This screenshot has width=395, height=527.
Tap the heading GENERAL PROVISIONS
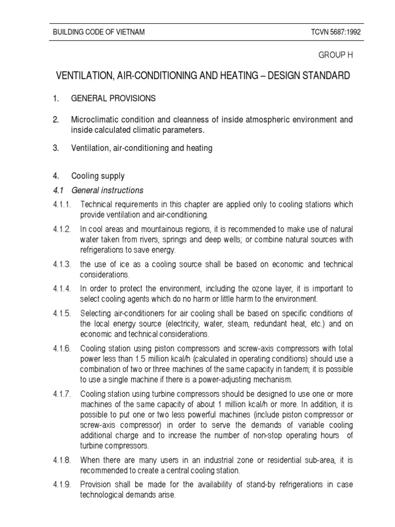[x=113, y=98]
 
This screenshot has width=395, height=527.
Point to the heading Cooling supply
[x=98, y=177]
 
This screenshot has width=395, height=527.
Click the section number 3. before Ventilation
[x=56, y=148]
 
